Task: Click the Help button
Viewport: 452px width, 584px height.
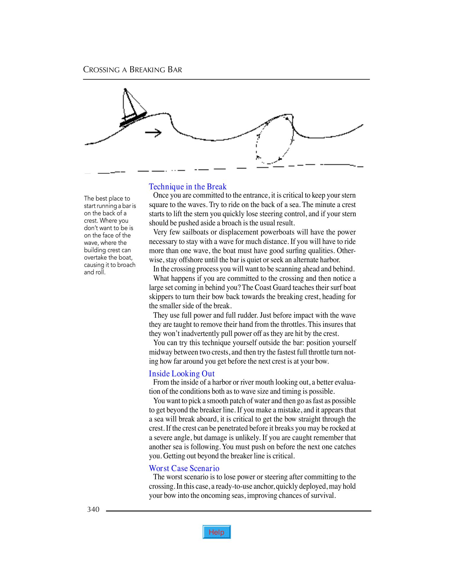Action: (x=217, y=532)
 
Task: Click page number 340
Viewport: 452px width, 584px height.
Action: (x=93, y=509)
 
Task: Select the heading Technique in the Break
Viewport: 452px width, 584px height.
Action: (x=188, y=187)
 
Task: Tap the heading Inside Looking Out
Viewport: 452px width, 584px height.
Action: (x=182, y=374)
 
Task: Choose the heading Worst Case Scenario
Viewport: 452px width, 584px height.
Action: (x=184, y=468)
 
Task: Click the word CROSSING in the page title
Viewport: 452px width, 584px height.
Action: (x=101, y=70)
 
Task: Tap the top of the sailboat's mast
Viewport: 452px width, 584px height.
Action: (x=125, y=89)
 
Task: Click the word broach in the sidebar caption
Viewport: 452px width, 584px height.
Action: (x=126, y=265)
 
